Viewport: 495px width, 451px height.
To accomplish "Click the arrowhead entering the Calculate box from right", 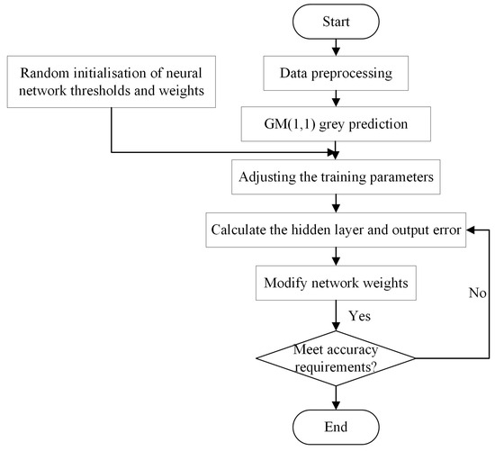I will (x=468, y=230).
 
